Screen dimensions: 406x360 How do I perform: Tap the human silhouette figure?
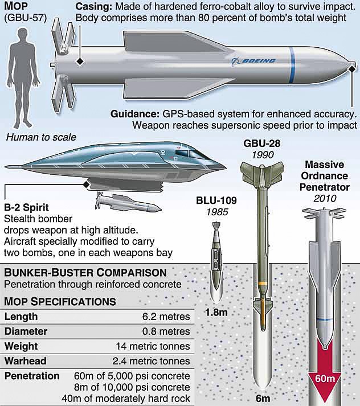[x=23, y=79]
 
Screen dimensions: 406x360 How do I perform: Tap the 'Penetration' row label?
[x=32, y=376]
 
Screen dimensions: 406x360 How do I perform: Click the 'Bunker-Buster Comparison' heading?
[x=85, y=273]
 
